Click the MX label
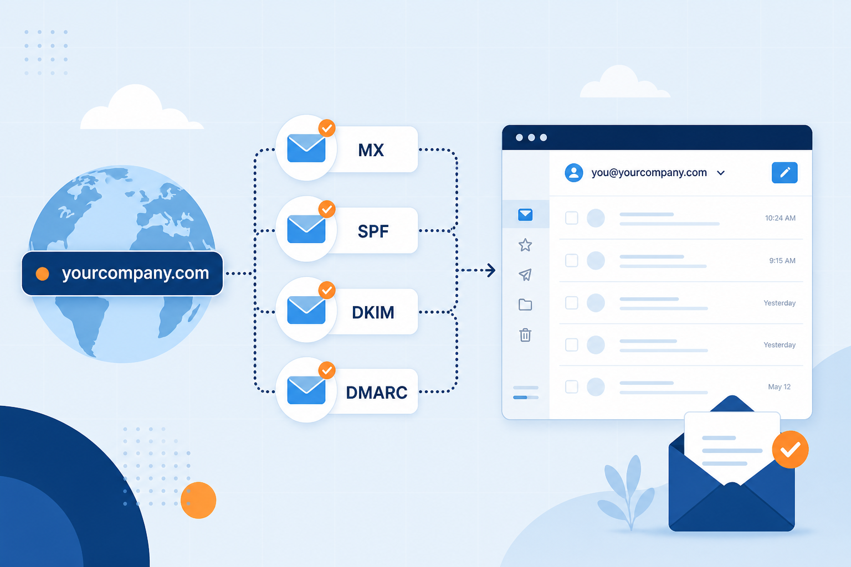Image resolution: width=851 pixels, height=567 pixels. tap(371, 150)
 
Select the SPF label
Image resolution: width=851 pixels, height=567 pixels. tap(373, 231)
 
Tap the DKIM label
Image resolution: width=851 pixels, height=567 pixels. tap(373, 312)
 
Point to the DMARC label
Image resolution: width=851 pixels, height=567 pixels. tap(377, 393)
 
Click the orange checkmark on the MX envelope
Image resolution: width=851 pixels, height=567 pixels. tap(327, 128)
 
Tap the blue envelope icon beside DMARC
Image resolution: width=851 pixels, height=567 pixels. tap(306, 390)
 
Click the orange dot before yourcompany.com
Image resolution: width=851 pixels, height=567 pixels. tap(43, 274)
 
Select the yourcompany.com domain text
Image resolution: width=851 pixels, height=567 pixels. tap(135, 273)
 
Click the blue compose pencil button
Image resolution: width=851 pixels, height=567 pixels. tap(785, 173)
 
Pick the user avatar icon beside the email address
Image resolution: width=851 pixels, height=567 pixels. tap(573, 173)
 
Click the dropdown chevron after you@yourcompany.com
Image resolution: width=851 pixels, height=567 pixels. tap(721, 173)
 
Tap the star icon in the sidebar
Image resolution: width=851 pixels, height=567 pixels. tap(525, 245)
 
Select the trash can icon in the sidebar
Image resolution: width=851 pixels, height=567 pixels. tap(525, 335)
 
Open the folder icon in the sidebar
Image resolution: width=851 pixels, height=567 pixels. tap(525, 305)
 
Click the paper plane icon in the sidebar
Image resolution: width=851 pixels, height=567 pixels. tap(525, 275)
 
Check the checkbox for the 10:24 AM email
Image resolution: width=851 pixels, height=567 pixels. tap(571, 218)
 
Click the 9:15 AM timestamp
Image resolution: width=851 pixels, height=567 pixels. tap(782, 261)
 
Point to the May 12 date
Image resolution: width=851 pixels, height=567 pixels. tap(779, 386)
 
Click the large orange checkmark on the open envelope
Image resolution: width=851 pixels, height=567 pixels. tap(790, 450)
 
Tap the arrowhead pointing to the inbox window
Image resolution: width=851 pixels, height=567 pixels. tap(491, 270)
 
